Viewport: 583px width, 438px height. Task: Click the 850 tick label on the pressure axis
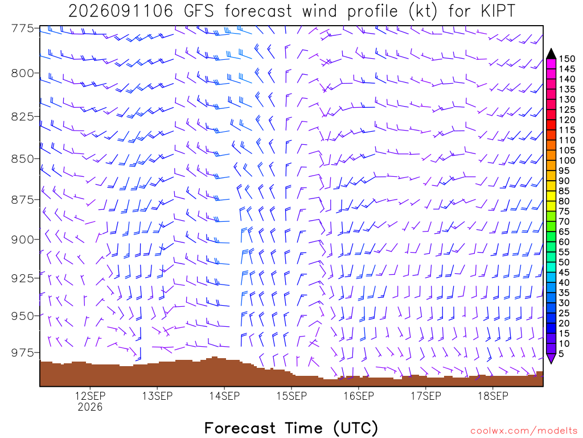(x=23, y=159)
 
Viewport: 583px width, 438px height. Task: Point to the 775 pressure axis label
(x=23, y=29)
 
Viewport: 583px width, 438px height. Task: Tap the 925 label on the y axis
(x=23, y=278)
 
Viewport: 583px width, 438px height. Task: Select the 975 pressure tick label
(x=23, y=352)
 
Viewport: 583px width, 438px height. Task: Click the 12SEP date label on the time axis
(x=90, y=396)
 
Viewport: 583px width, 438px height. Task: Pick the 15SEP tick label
(x=291, y=396)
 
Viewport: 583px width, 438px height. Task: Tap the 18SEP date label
(x=492, y=396)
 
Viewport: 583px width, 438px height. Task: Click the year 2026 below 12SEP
(x=90, y=407)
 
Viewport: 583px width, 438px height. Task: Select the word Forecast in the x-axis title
(x=240, y=428)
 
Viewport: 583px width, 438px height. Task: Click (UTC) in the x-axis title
(x=356, y=428)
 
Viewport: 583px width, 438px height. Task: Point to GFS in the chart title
(x=199, y=11)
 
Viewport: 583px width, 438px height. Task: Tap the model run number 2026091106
(x=121, y=11)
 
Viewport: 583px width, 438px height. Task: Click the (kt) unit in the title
(x=423, y=11)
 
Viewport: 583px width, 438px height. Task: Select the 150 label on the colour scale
(x=566, y=59)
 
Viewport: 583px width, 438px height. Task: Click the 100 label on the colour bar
(x=566, y=160)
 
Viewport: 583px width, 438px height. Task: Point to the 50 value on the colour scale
(x=564, y=262)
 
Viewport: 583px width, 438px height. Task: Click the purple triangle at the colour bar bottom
(x=551, y=359)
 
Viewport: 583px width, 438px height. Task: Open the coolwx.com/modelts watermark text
(x=524, y=431)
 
